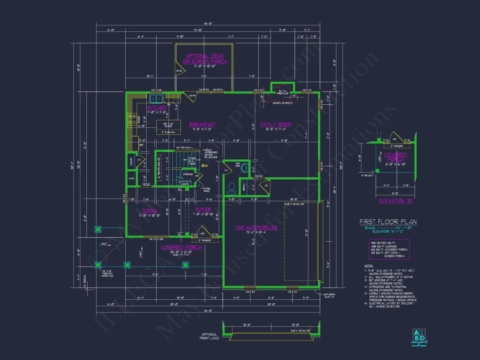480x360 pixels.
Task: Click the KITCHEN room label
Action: [157, 108]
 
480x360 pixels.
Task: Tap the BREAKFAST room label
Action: [202, 125]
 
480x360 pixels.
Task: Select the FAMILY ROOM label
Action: [276, 125]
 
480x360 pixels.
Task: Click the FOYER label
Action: [203, 210]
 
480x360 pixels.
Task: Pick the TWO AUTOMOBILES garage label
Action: [257, 227]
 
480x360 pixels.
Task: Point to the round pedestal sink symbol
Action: [245, 168]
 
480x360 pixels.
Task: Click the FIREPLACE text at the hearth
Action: [283, 93]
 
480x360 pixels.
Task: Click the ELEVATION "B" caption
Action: [396, 201]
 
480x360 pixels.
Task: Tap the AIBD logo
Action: [418, 336]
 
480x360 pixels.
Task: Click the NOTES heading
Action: [369, 265]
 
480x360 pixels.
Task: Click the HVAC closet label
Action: [131, 178]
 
